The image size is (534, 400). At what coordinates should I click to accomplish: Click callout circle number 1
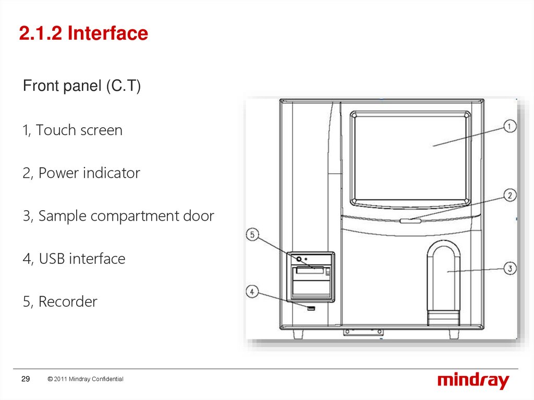(509, 126)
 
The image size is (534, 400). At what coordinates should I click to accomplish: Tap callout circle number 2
(509, 196)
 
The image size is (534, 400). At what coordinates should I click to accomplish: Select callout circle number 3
(509, 269)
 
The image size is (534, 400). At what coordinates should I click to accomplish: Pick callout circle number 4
(252, 292)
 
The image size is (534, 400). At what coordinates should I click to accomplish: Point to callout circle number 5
(252, 235)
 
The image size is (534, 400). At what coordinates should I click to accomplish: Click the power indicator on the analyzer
(410, 221)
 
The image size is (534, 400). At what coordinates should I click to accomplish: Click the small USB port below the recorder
(311, 309)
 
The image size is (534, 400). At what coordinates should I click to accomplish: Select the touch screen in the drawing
(410, 156)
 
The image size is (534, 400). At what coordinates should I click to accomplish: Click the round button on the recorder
(299, 259)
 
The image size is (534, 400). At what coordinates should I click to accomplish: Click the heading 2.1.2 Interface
(83, 34)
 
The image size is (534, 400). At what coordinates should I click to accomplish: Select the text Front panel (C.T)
(82, 86)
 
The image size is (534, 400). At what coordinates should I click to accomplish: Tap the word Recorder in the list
(68, 302)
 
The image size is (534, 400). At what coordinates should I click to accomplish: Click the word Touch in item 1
(55, 130)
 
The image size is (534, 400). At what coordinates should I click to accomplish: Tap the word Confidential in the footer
(107, 379)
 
